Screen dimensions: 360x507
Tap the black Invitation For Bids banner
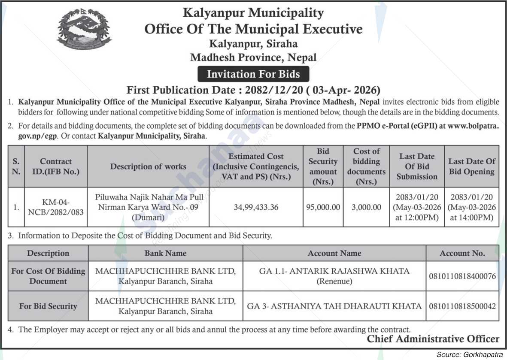pos(253,74)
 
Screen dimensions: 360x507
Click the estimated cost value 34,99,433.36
pos(256,207)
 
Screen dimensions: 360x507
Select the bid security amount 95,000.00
pos(323,207)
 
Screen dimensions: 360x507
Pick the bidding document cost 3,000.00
pos(366,207)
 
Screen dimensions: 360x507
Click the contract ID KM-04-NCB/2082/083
pos(56,207)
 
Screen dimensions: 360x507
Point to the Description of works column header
pos(148,166)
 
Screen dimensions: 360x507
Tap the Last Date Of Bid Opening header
pos(471,166)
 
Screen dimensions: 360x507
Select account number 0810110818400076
pos(462,276)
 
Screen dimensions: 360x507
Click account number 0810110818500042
pos(462,306)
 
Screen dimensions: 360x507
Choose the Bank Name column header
pos(165,253)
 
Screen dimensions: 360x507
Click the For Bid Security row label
pos(48,306)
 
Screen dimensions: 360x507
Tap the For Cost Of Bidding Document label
pos(48,276)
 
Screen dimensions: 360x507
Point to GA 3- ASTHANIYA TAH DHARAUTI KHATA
pos(334,306)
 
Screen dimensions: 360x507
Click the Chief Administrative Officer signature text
pos(433,339)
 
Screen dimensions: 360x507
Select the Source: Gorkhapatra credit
pos(470,354)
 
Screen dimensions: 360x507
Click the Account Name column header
pos(334,253)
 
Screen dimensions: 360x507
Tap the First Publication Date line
pos(253,90)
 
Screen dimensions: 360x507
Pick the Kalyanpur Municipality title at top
pos(253,13)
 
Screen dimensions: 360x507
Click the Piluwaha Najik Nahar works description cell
pos(148,207)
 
